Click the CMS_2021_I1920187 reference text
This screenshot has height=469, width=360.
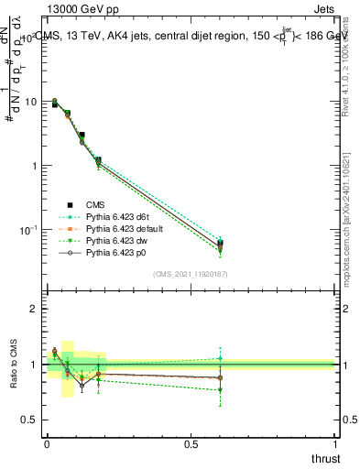(x=191, y=273)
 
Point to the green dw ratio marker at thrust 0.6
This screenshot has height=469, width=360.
(x=220, y=390)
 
